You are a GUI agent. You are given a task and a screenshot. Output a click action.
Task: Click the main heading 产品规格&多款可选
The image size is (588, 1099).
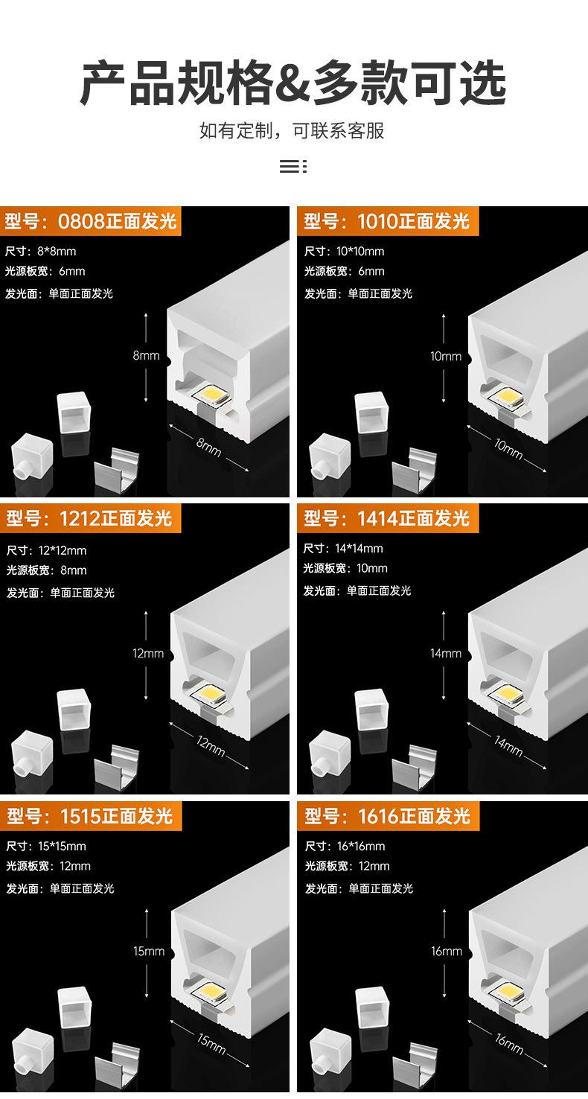click(x=293, y=83)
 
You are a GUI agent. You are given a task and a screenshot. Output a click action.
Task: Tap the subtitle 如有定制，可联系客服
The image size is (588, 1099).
click(x=292, y=131)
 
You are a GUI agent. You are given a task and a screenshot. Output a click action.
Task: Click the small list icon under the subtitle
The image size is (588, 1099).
click(x=293, y=166)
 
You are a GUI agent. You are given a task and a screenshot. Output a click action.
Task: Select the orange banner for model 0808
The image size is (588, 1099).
click(x=91, y=221)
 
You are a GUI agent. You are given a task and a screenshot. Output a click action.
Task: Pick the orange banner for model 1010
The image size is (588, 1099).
click(x=388, y=221)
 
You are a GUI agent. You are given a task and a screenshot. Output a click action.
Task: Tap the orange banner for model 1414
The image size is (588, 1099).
click(x=388, y=518)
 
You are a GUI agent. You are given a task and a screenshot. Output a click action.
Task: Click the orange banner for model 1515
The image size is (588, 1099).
click(x=91, y=816)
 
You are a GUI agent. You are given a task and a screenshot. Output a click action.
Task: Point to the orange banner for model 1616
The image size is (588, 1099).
click(x=389, y=816)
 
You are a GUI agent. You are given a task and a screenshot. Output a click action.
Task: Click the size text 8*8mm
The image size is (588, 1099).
click(x=56, y=251)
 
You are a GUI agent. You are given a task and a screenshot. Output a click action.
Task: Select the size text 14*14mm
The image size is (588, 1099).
click(x=359, y=549)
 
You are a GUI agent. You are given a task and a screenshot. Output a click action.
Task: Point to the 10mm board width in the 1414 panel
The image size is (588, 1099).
click(x=372, y=569)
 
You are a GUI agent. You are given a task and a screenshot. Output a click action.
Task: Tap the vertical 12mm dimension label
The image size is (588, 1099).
click(x=148, y=654)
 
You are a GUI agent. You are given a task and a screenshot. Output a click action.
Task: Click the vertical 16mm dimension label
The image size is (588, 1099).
click(x=447, y=952)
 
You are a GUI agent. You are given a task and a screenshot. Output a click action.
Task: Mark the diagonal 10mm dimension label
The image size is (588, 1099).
click(x=508, y=449)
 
